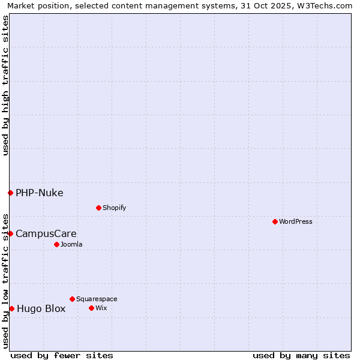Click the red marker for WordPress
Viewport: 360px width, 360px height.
pos(275,221)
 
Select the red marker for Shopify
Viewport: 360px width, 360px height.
pos(98,208)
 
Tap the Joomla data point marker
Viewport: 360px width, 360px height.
pos(56,244)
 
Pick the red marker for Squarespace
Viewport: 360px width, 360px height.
pos(72,299)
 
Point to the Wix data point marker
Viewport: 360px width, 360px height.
pos(91,308)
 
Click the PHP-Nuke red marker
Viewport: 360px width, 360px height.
pos(10,193)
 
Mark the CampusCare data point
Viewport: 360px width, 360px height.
pos(10,233)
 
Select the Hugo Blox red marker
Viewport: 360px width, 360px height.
pos(11,308)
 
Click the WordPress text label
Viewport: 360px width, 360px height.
pos(296,221)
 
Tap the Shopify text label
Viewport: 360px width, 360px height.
pos(114,208)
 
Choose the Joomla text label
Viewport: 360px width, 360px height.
pos(71,244)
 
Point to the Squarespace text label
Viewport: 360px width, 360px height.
pos(97,299)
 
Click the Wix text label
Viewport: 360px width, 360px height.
pos(101,308)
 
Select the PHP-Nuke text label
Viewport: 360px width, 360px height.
pos(40,193)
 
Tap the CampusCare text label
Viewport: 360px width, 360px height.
pos(46,233)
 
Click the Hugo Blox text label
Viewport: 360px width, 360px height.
pos(41,309)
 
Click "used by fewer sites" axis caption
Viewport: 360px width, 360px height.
pos(62,355)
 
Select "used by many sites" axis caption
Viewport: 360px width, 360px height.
pos(301,355)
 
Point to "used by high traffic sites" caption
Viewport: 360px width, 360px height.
pos(5,85)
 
